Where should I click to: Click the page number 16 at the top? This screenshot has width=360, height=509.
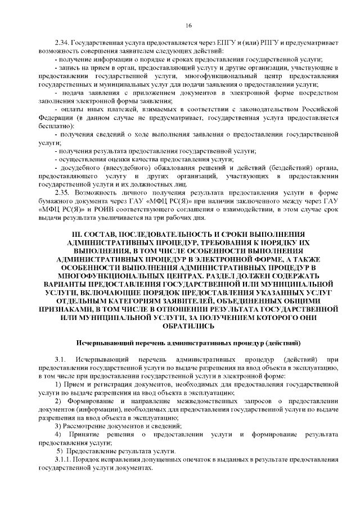point(188,25)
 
